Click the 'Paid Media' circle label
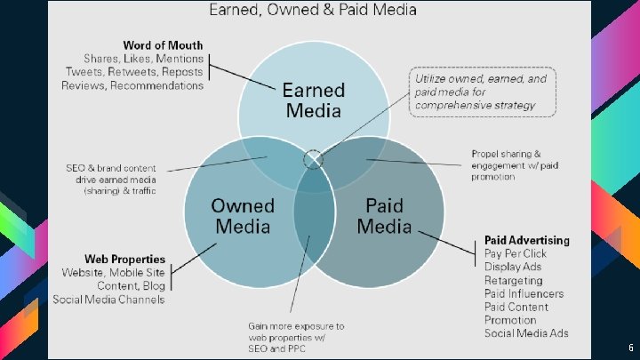[x=384, y=216]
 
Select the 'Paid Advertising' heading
[x=527, y=240]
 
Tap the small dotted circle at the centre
[x=313, y=159]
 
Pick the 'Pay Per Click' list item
[x=516, y=253]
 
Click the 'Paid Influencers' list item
[x=524, y=293]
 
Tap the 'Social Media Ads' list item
[x=526, y=333]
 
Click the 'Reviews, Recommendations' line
[x=132, y=85]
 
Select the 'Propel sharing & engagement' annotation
[x=510, y=164]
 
